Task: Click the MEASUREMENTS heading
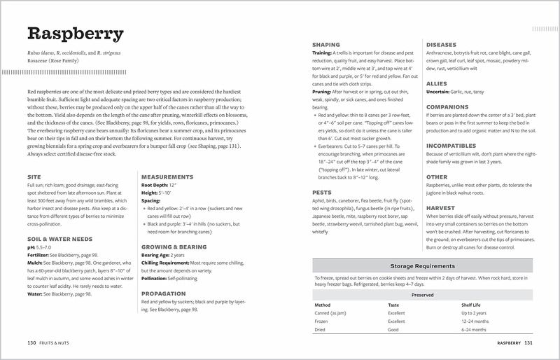[167, 177]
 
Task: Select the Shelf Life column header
[470, 305]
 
